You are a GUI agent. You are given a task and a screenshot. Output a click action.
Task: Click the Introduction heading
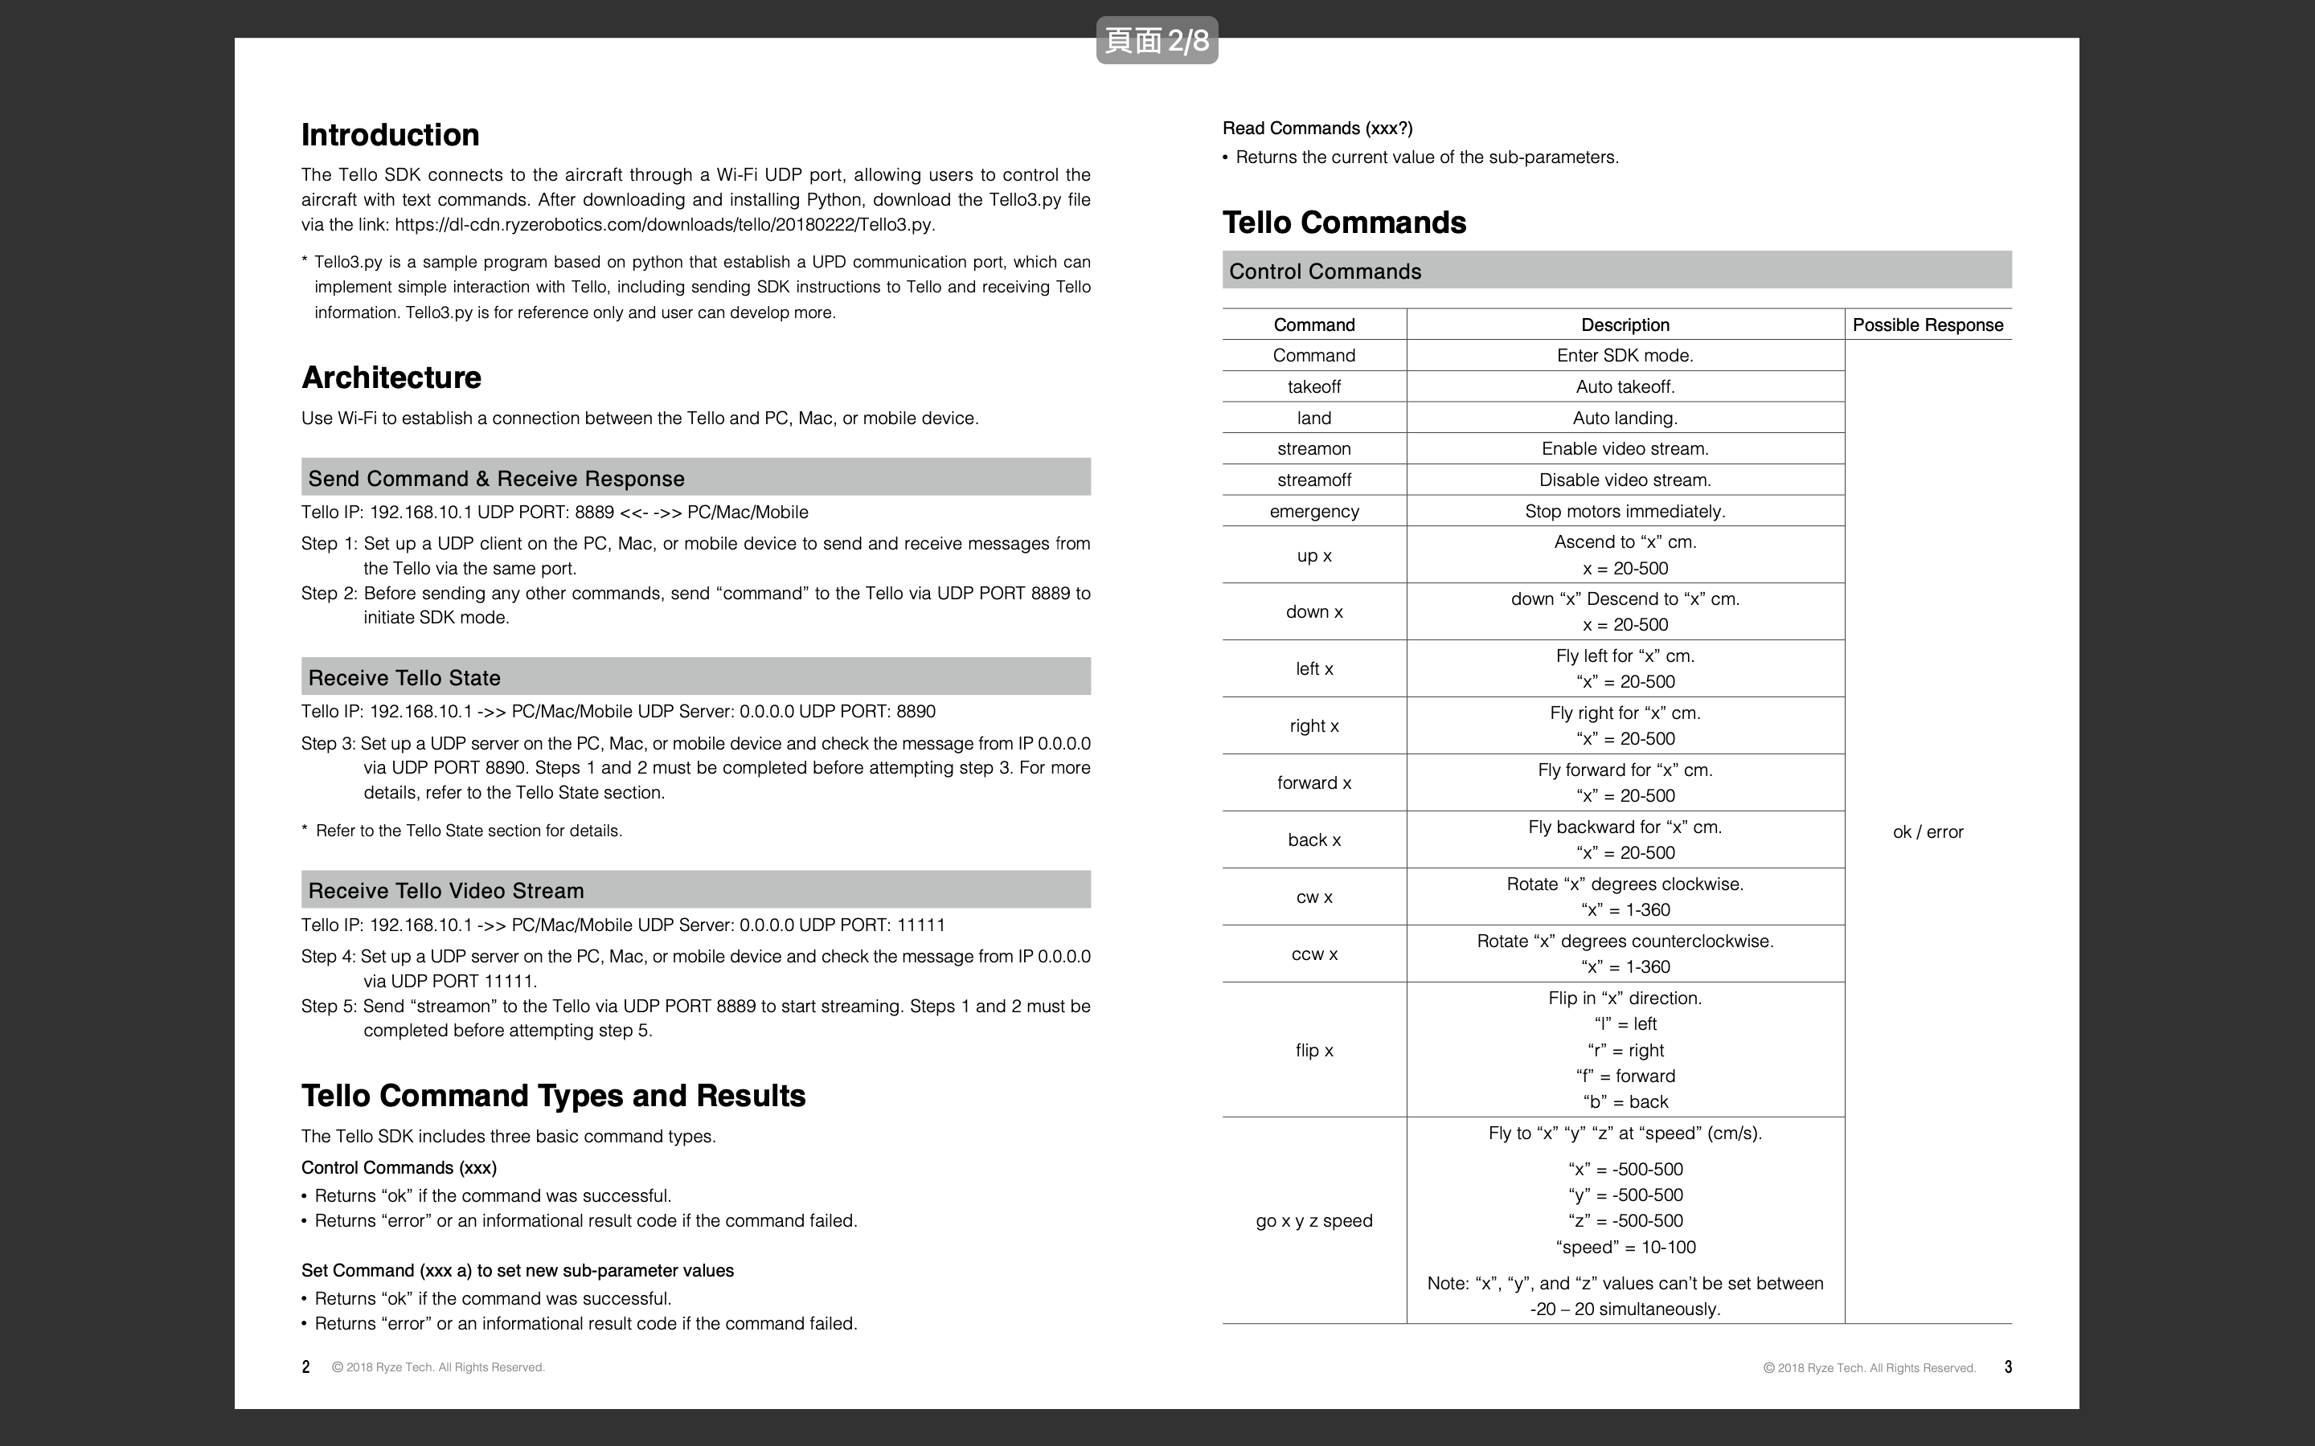tap(391, 135)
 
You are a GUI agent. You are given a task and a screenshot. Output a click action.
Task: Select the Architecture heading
tap(391, 378)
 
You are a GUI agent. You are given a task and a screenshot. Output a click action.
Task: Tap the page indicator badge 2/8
tap(1157, 40)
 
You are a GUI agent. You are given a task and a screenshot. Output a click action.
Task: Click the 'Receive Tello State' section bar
tap(695, 677)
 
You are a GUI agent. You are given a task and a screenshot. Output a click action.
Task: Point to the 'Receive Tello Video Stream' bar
tap(695, 890)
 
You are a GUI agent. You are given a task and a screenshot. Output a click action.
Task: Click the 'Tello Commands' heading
tap(1344, 223)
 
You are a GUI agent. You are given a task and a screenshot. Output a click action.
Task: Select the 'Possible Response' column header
tap(1928, 325)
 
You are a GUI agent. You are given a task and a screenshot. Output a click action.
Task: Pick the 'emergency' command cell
tap(1313, 512)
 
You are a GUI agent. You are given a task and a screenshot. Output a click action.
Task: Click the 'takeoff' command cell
tap(1313, 387)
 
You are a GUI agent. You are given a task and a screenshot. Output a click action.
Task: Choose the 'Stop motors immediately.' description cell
tap(1625, 512)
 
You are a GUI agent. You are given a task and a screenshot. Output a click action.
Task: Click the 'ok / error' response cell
tap(1928, 832)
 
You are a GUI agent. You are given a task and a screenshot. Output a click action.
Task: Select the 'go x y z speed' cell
tap(1313, 1221)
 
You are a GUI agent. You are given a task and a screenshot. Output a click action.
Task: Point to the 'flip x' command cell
tap(1313, 1050)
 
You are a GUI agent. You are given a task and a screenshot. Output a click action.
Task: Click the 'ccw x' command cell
tap(1313, 954)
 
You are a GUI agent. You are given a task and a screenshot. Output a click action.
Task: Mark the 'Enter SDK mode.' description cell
tap(1625, 356)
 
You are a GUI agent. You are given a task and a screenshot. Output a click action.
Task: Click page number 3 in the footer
tap(2008, 1367)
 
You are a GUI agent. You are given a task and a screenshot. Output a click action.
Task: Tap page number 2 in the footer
tap(306, 1367)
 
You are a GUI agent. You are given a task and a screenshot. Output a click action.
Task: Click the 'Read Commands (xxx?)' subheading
tap(1317, 129)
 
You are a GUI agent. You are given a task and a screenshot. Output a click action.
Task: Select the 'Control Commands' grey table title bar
tap(1616, 271)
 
